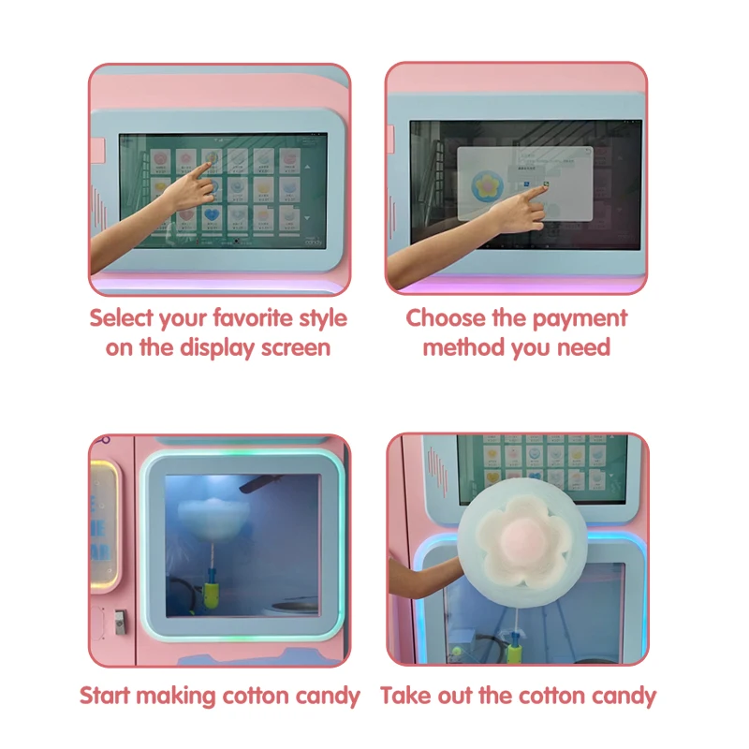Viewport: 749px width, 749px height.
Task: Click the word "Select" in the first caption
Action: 122,318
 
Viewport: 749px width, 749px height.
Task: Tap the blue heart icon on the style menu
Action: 213,214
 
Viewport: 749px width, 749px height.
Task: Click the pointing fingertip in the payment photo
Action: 545,187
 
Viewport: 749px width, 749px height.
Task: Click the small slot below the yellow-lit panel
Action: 119,620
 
